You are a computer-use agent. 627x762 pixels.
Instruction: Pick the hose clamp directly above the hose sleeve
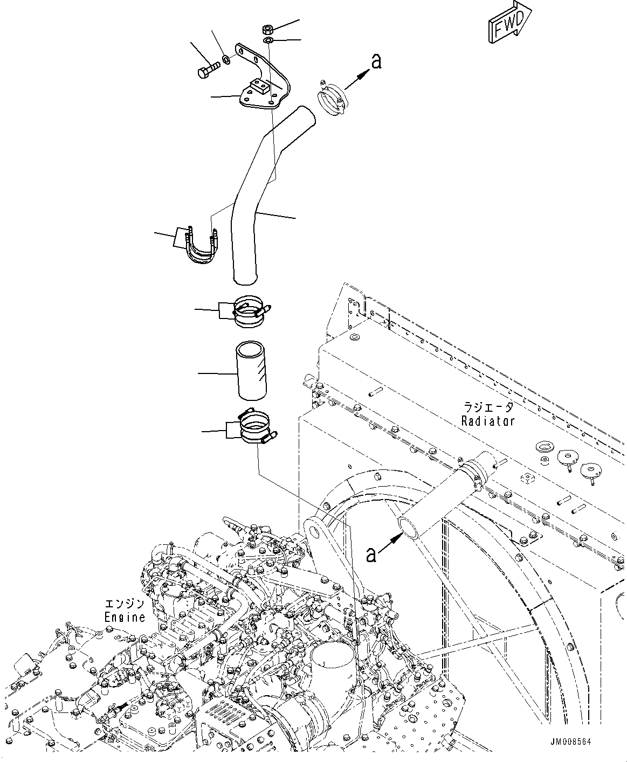tap(251, 312)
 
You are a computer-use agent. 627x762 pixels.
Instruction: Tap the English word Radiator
tap(488, 421)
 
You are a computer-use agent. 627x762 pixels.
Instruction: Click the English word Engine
tap(125, 617)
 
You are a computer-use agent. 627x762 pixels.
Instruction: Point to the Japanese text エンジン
tap(125, 604)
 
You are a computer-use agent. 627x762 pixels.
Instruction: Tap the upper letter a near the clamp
tap(376, 61)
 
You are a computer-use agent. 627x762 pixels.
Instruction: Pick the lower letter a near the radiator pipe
tap(371, 555)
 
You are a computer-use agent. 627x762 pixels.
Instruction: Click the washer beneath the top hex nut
tap(268, 41)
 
